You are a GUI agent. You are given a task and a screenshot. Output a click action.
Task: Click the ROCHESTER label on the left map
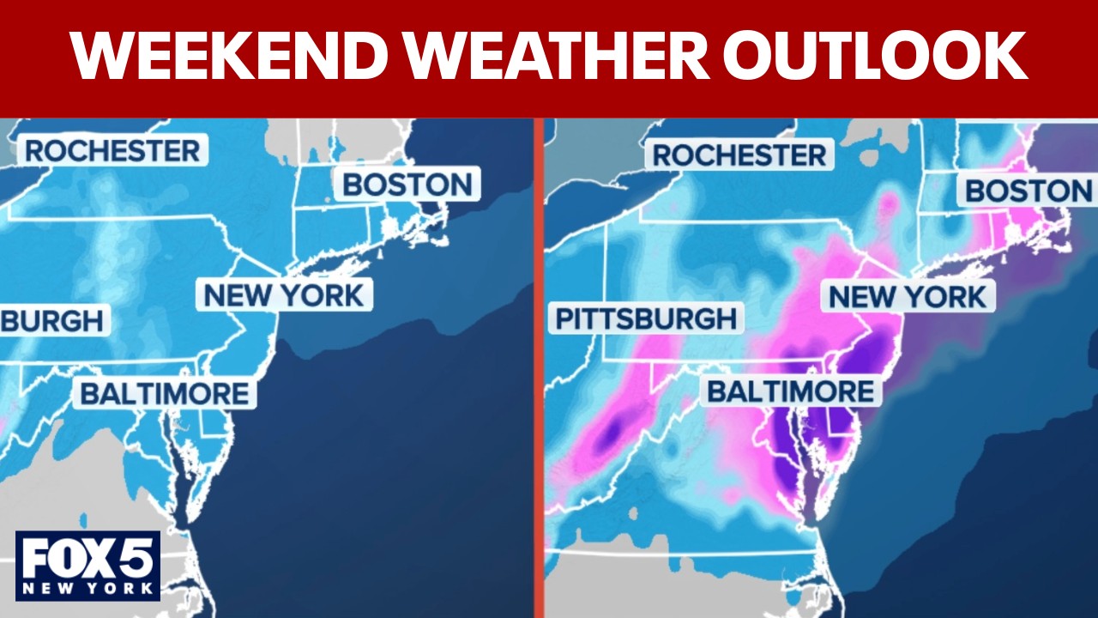[x=112, y=151]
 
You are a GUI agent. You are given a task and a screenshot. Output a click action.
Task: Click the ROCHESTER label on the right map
[x=739, y=155]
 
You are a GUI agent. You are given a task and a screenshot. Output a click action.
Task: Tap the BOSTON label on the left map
[x=407, y=185]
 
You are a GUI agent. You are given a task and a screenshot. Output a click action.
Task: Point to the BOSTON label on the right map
[x=1029, y=191]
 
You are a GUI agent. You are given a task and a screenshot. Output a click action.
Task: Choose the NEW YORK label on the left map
[x=284, y=295]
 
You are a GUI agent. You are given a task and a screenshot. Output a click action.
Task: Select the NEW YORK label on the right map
[x=908, y=298]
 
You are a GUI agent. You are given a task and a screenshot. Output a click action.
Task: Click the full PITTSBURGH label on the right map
[x=645, y=318]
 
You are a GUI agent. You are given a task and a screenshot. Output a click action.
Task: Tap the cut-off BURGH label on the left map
[x=51, y=321]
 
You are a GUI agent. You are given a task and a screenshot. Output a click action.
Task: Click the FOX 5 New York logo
[x=87, y=565]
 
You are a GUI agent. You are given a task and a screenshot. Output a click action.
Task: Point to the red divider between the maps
[x=539, y=369]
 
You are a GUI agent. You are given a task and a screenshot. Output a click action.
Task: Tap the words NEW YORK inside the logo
[x=87, y=589]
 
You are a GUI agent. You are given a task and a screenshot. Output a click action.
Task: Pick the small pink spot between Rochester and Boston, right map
[x=887, y=203]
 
